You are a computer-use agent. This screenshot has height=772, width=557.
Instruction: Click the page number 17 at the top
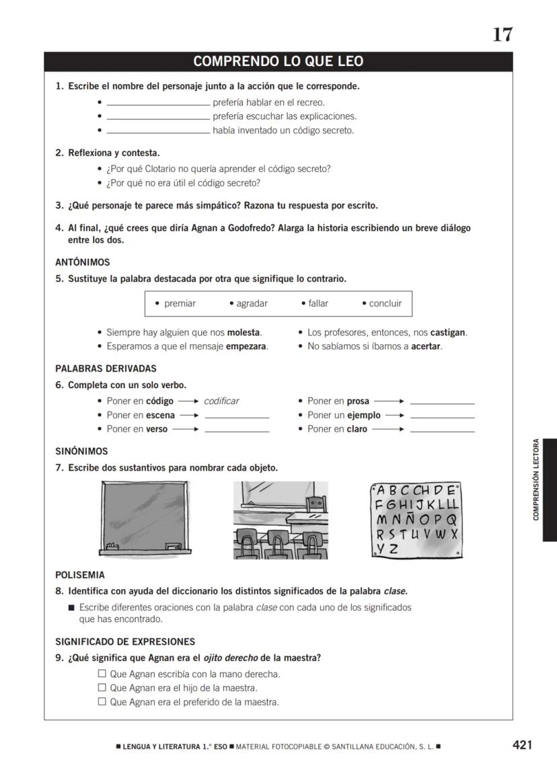pyautogui.click(x=503, y=34)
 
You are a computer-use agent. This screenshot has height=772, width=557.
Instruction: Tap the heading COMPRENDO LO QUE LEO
pyautogui.click(x=278, y=62)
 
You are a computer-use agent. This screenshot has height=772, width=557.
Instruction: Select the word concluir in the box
pyautogui.click(x=385, y=303)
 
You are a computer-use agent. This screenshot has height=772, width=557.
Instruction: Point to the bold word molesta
pyautogui.click(x=243, y=332)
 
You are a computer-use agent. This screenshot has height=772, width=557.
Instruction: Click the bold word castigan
pyautogui.click(x=447, y=332)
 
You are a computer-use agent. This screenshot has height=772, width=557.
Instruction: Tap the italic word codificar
pyautogui.click(x=221, y=401)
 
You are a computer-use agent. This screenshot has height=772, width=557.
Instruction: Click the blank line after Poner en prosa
pyautogui.click(x=442, y=402)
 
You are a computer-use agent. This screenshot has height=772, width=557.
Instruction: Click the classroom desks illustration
pyautogui.click(x=281, y=519)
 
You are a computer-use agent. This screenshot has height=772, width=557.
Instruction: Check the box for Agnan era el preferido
pyautogui.click(x=102, y=701)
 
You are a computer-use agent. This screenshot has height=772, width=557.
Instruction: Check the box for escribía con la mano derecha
pyautogui.click(x=102, y=673)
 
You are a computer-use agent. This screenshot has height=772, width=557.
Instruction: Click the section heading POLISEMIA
pyautogui.click(x=79, y=575)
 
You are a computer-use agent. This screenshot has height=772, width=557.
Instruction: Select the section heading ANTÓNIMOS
pyautogui.click(x=82, y=262)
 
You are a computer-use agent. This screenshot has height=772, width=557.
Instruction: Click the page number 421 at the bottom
pyautogui.click(x=522, y=744)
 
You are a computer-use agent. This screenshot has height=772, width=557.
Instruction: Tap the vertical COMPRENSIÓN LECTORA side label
pyautogui.click(x=536, y=479)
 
